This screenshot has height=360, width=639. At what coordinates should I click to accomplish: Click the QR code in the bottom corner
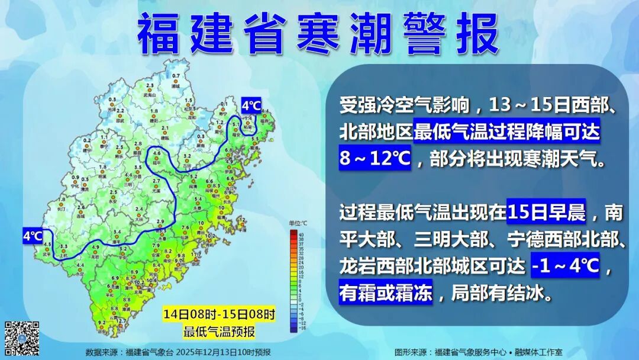coord(22,338)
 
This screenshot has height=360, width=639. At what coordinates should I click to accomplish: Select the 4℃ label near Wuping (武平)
coord(32,236)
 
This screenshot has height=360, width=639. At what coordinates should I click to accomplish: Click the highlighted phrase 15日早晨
coord(546,211)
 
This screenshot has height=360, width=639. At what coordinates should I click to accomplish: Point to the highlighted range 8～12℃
coord(375,159)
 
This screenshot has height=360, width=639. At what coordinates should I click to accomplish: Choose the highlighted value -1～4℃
coord(566,268)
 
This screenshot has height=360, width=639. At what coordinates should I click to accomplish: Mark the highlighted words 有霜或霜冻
coord(386,293)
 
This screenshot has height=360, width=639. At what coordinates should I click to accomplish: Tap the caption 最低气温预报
coord(220,331)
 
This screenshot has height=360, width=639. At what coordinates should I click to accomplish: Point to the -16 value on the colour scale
coord(302,327)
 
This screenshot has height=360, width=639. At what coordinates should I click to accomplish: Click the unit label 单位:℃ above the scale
coord(298,223)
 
